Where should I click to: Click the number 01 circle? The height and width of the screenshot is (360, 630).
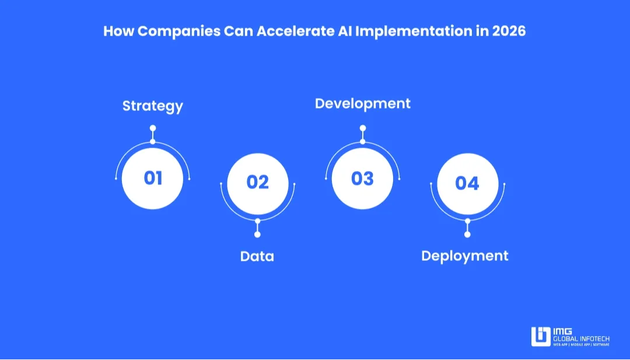(x=153, y=178)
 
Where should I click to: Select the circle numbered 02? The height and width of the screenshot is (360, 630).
(x=257, y=183)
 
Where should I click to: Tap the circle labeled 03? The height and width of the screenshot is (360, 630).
(x=362, y=178)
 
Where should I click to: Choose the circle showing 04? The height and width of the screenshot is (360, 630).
(x=467, y=183)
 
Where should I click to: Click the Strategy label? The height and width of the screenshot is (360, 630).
(x=153, y=106)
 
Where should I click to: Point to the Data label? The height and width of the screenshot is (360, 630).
(x=257, y=256)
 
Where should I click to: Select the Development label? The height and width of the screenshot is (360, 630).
(x=363, y=104)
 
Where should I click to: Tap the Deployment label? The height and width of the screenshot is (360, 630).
(x=465, y=256)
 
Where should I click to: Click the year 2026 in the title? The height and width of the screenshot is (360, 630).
(x=509, y=31)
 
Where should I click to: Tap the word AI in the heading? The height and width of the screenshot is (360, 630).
(x=344, y=31)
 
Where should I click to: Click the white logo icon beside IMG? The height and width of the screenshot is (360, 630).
(x=541, y=337)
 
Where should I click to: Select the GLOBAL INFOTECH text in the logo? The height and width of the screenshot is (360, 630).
(x=582, y=338)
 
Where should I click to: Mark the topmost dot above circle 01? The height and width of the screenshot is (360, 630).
(x=153, y=128)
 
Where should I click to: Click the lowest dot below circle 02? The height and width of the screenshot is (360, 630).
(x=257, y=235)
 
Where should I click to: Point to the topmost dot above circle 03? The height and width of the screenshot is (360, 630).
(x=362, y=128)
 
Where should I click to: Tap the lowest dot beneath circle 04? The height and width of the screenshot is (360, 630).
(x=467, y=235)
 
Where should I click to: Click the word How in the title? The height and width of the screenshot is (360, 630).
(x=116, y=31)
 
